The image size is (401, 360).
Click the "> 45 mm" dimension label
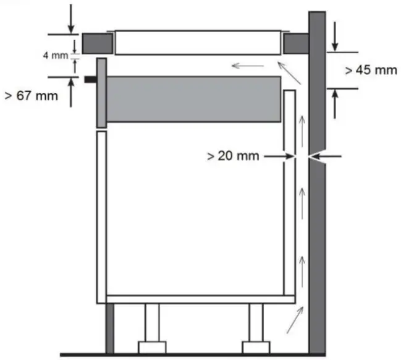[x=371, y=71]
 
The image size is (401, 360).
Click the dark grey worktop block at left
[x=97, y=43]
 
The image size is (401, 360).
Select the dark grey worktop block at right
[x=296, y=43]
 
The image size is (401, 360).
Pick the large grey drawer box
[x=193, y=99]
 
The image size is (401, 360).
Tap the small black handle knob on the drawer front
[x=91, y=80]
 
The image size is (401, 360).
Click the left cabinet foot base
[x=152, y=346]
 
